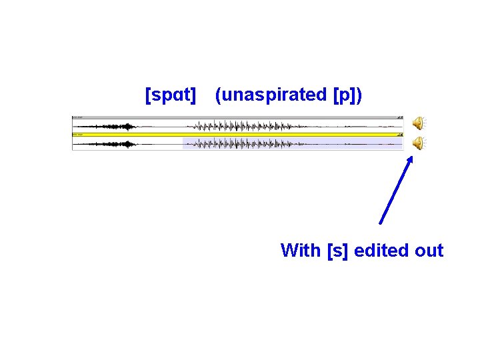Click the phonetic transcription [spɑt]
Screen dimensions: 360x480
(171, 95)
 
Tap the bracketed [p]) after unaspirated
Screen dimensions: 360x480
(347, 95)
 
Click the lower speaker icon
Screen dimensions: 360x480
(418, 142)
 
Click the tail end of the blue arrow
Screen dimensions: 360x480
(381, 223)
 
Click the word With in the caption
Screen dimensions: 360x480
(301, 251)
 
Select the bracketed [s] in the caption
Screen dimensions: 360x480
(339, 251)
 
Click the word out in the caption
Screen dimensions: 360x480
(429, 251)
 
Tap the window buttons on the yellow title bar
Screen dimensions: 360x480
(399, 135)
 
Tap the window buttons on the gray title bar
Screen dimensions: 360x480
(399, 117)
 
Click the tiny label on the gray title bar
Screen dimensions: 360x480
(78, 117)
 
